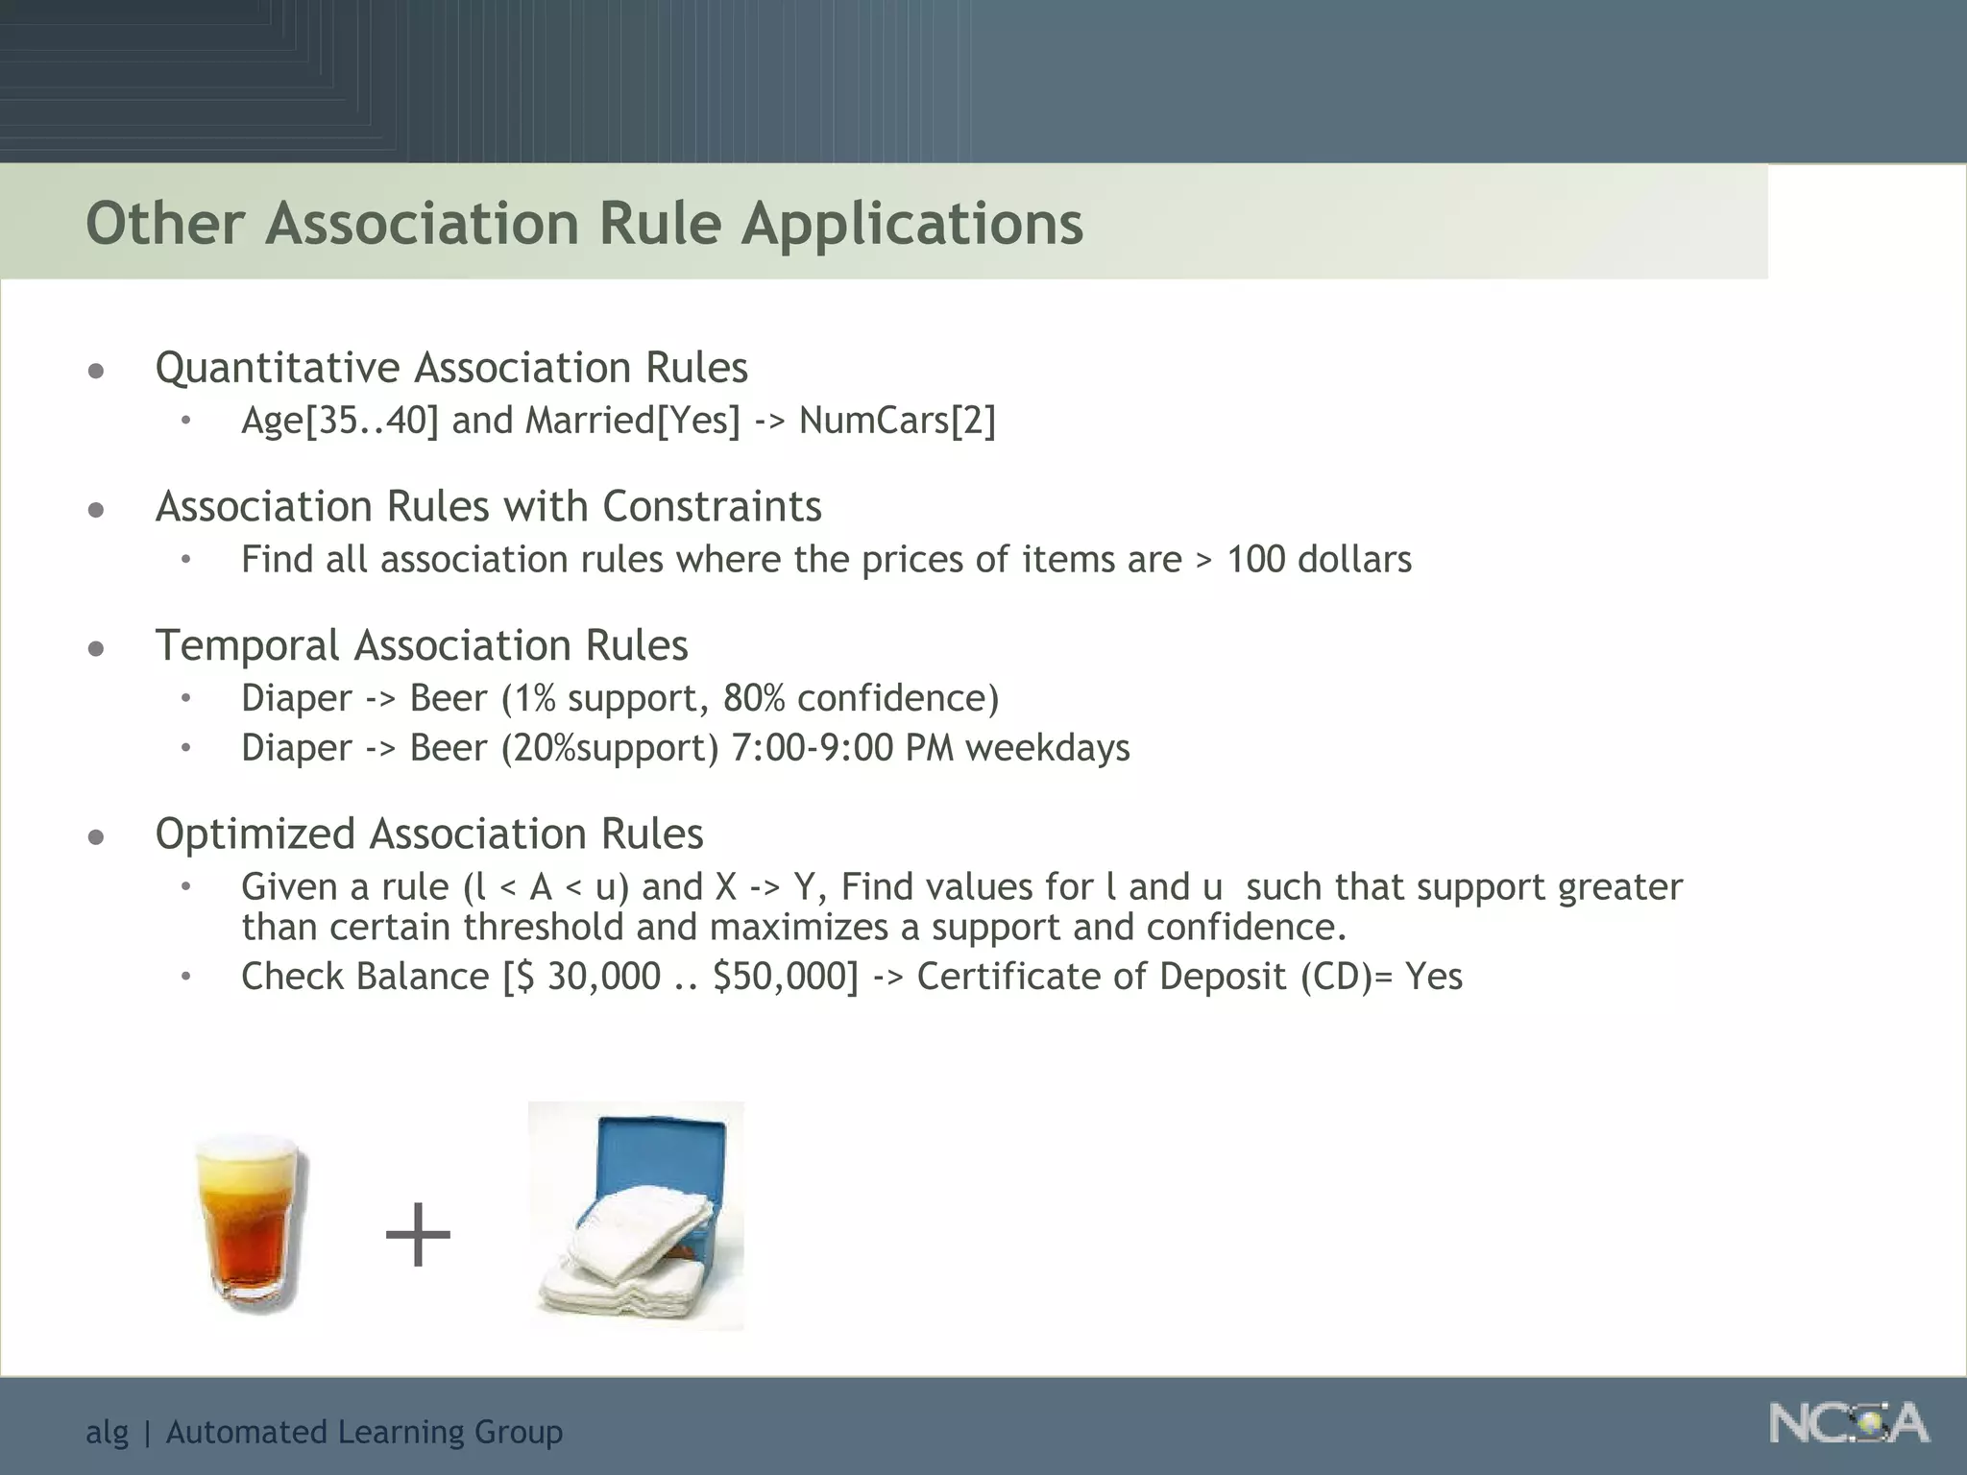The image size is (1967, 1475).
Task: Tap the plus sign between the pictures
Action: point(418,1235)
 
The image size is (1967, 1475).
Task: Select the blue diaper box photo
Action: point(636,1216)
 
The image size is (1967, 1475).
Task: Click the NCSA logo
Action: point(1849,1423)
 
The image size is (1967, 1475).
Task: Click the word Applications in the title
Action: point(911,224)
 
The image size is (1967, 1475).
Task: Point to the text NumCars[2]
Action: point(897,421)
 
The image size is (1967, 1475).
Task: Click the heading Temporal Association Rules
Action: point(422,645)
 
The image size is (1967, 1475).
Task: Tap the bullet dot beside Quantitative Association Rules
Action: point(96,371)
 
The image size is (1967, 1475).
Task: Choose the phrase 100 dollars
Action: point(1319,560)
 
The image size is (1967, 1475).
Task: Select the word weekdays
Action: point(1048,748)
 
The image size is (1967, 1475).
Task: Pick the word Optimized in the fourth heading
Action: point(255,834)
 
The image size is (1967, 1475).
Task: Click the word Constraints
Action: point(712,507)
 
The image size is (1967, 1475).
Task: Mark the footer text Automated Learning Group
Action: point(364,1432)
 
